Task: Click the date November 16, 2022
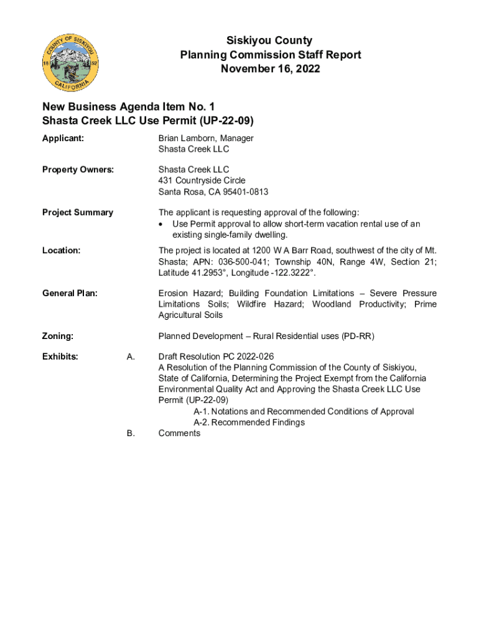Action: coord(270,68)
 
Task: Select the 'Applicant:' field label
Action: coord(63,138)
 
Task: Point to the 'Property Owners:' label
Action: coord(78,169)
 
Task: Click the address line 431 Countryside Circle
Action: coord(202,180)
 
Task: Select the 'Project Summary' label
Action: coord(77,212)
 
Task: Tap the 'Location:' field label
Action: coord(61,250)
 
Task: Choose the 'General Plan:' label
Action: coord(70,293)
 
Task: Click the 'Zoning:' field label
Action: coord(58,336)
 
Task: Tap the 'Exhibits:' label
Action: coord(60,356)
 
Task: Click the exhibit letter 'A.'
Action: coord(131,356)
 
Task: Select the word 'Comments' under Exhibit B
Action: coord(179,433)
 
